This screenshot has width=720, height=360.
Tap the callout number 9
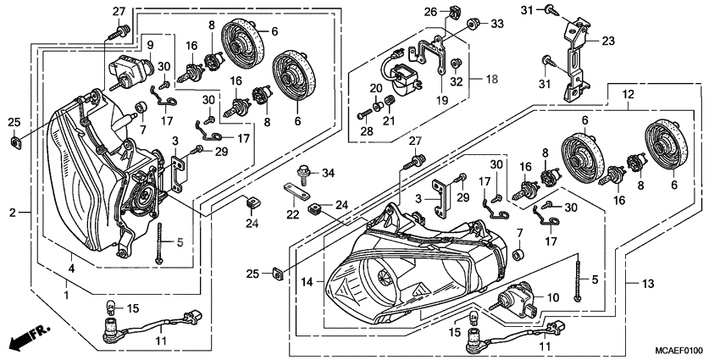(x=149, y=44)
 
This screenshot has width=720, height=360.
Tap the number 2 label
(x=13, y=212)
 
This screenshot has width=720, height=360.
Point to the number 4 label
(x=71, y=269)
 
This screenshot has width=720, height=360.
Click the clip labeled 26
(x=454, y=10)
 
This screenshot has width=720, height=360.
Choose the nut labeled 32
(x=455, y=63)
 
